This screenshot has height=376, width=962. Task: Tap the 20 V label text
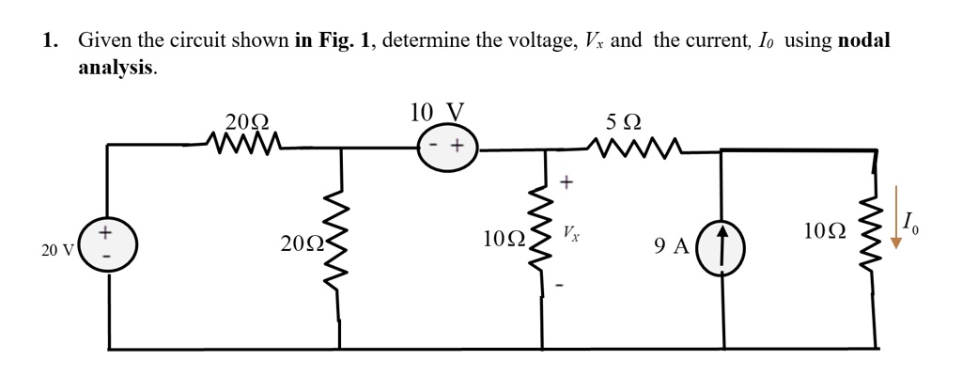click(x=57, y=250)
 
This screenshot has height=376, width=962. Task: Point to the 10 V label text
click(x=437, y=113)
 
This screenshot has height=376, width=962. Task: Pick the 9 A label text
click(x=672, y=247)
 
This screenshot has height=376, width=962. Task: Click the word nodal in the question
click(x=863, y=40)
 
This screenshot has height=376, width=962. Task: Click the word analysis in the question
click(x=115, y=68)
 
